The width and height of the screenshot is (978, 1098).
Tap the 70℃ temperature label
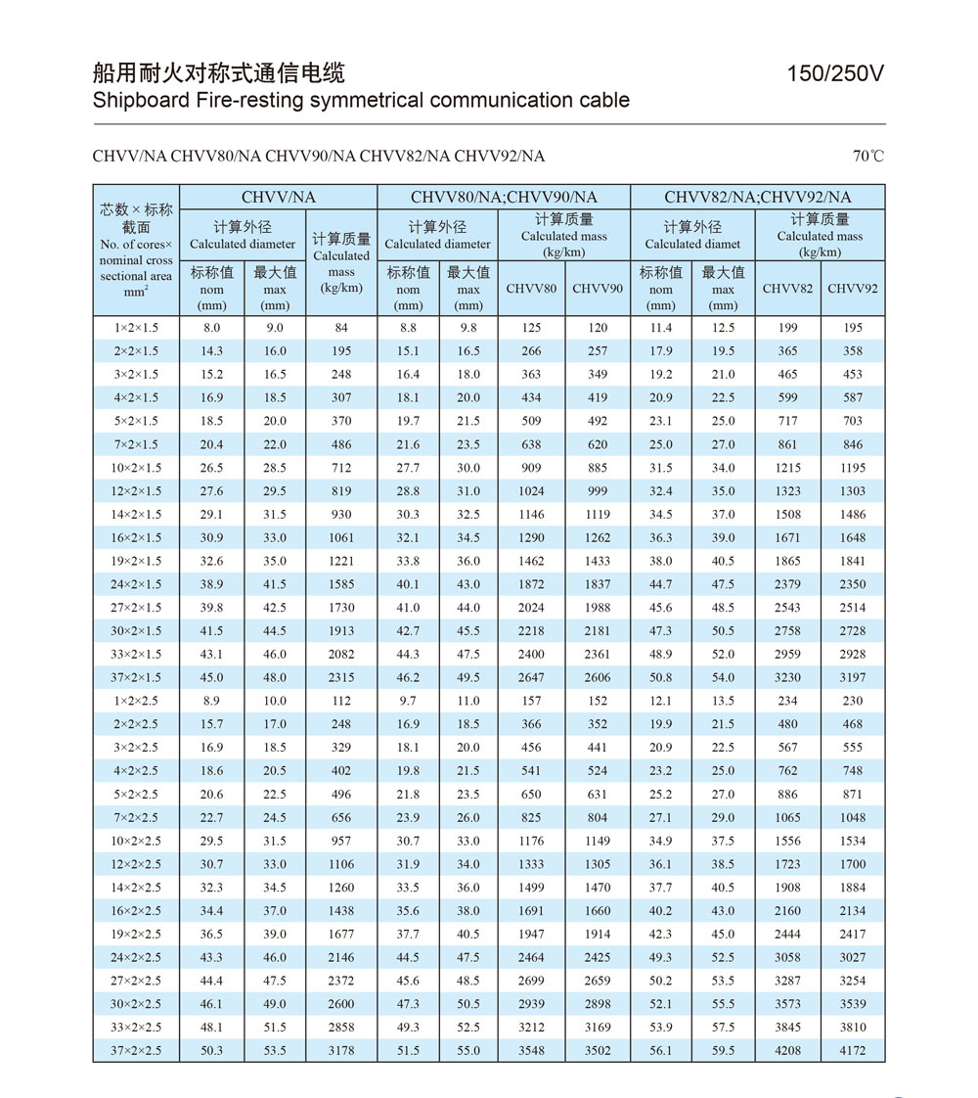pos(867,156)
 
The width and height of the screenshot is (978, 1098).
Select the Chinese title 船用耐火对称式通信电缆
pos(218,73)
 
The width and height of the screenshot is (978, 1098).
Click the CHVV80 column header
pos(531,289)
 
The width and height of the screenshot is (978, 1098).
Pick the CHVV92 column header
pos(853,289)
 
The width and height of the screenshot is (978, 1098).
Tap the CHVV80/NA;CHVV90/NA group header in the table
pos(504,197)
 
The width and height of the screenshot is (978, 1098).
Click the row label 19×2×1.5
pos(136,561)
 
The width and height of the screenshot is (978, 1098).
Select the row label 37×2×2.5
pos(136,1050)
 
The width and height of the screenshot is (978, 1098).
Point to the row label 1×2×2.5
pos(136,701)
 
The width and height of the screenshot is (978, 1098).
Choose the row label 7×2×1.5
pos(136,444)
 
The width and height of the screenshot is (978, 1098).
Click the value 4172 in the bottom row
pos(853,1050)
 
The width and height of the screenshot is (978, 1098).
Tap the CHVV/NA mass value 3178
pos(341,1050)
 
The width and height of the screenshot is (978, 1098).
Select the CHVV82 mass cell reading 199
pos(787,328)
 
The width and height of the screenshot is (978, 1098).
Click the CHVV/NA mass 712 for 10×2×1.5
pos(341,468)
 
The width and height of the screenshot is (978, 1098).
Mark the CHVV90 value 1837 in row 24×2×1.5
pos(598,584)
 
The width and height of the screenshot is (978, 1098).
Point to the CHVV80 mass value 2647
pos(531,677)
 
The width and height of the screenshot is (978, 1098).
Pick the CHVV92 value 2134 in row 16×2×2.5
pos(853,910)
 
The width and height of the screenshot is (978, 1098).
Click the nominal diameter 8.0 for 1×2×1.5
pos(212,328)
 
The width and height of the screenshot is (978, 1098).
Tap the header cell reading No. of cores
pos(136,245)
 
